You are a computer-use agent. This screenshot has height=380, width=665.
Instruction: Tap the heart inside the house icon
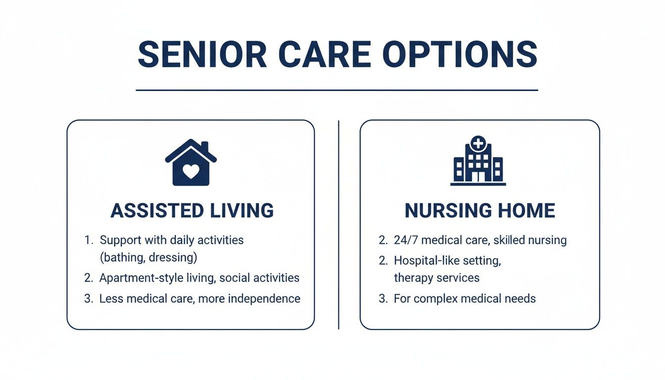tap(190, 171)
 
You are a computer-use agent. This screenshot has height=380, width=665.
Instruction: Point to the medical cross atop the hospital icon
tap(478, 143)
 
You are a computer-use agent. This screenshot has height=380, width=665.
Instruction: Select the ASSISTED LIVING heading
tap(191, 211)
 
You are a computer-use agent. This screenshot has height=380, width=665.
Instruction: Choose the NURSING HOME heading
tap(479, 211)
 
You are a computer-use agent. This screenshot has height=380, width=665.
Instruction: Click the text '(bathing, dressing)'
tap(148, 258)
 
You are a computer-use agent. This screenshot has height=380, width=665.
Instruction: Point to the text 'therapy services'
tap(436, 278)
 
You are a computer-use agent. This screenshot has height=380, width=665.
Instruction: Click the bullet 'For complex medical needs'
tap(465, 299)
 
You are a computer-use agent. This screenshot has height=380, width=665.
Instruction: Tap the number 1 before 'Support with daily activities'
tap(88, 240)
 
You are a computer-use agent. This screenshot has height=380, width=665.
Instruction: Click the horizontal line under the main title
tap(336, 90)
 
